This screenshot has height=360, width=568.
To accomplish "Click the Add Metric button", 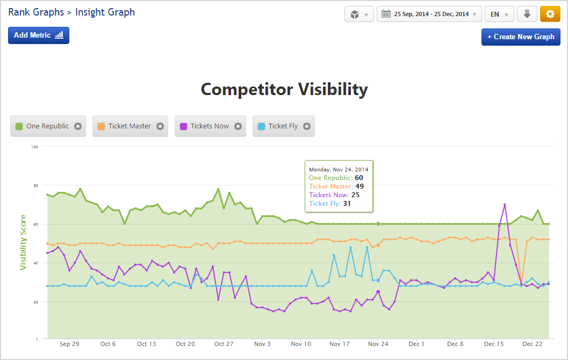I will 38,35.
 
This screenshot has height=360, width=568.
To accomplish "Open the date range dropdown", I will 429,15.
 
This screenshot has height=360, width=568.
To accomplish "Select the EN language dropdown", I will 499,15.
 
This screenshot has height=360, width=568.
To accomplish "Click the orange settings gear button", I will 550,15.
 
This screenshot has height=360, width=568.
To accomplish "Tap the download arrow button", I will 527,15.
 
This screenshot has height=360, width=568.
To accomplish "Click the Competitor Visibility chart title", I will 284,89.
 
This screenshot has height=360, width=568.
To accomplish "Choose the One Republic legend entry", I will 48,126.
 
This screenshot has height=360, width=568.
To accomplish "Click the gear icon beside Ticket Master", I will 160,126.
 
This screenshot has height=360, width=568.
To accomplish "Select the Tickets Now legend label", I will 210,126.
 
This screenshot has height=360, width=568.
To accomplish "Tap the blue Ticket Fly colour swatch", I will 261,126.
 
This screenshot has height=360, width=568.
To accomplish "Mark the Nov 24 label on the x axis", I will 378,344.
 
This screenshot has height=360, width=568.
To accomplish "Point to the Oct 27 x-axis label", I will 224,344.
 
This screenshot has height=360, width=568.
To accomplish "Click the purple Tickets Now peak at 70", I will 505,204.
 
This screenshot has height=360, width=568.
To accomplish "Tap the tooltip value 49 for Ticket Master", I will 360,186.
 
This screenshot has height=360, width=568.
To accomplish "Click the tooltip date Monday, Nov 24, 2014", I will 339,169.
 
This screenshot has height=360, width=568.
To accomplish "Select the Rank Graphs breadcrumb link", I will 35,12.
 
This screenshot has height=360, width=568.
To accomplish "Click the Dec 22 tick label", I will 532,344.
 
